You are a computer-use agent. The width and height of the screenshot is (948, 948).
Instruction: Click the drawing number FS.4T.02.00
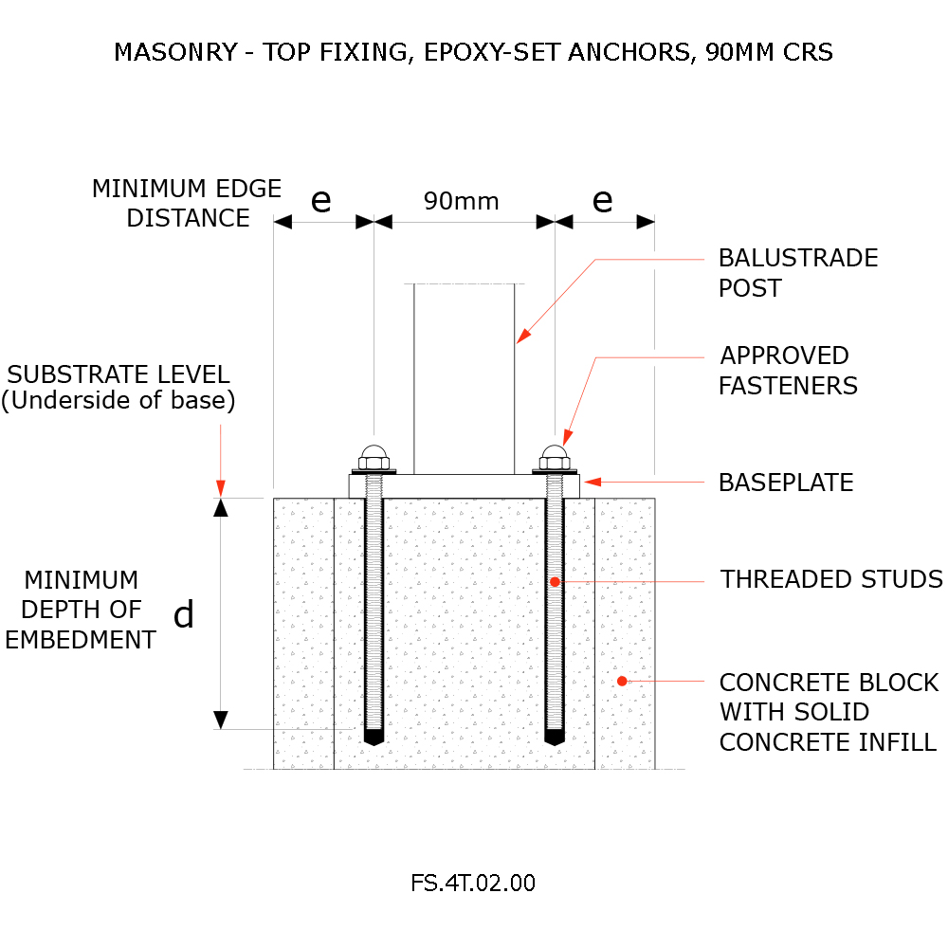point(473,883)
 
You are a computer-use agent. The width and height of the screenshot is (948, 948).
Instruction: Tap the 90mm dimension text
point(461,201)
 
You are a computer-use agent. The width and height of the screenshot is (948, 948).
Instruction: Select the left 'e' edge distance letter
point(321,200)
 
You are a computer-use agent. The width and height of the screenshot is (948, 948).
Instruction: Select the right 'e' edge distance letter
point(602,200)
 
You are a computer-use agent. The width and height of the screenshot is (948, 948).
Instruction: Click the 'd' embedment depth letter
point(184,616)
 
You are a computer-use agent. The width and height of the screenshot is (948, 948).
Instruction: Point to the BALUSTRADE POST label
point(797,273)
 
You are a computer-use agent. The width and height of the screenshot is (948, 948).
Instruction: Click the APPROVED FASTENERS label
point(787,371)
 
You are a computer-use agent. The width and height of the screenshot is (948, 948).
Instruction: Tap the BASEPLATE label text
point(786,483)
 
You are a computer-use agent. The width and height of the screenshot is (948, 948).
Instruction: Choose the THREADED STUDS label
point(831,579)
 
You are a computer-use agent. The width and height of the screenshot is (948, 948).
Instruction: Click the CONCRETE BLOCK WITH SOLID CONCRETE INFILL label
point(829,712)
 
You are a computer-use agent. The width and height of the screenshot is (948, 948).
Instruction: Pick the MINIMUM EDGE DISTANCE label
point(187,203)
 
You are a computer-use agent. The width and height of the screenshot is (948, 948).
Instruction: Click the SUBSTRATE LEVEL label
point(118,386)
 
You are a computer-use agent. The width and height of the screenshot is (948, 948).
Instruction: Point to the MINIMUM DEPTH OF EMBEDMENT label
point(81,610)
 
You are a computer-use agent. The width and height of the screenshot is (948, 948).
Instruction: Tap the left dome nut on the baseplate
point(374,455)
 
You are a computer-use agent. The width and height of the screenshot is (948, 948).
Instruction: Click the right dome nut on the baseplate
point(555,455)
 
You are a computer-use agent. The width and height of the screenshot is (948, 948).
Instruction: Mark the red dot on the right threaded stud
point(556,581)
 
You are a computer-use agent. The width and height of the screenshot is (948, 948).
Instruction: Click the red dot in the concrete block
point(622,680)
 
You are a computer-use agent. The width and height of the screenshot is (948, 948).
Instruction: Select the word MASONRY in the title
point(173,52)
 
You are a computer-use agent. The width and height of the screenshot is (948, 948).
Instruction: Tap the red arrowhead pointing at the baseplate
point(592,482)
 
